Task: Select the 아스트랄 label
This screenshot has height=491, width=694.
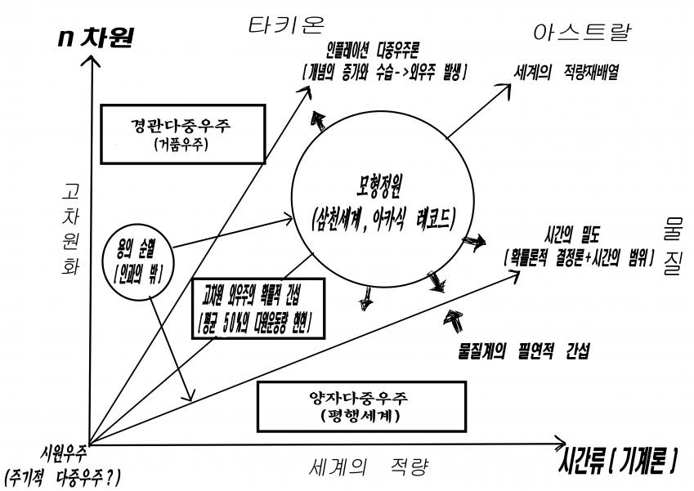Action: pyautogui.click(x=581, y=32)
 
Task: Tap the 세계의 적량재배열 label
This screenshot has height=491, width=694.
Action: pyautogui.click(x=566, y=71)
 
